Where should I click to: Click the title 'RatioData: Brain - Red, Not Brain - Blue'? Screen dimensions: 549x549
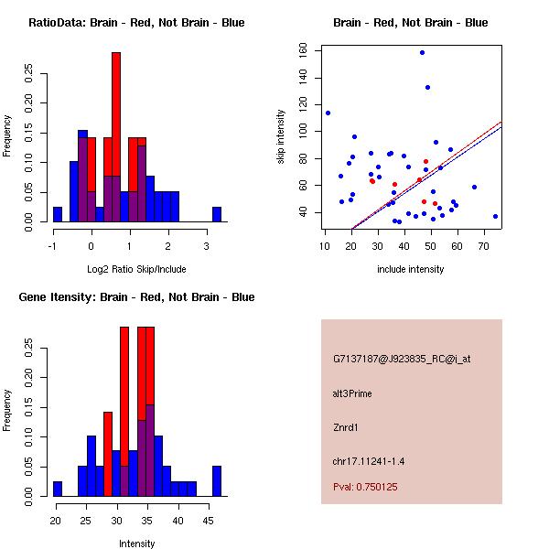136,23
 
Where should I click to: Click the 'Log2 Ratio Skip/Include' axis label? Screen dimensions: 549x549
136,269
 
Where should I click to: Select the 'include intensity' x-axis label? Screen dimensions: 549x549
411,269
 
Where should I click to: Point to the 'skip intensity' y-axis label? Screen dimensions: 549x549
282,137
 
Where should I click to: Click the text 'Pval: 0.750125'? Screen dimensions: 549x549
365,487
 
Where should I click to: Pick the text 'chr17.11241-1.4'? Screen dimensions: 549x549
368,460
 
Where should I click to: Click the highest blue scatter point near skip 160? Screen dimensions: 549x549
422,52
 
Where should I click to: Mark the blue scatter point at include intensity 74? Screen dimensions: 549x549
495,217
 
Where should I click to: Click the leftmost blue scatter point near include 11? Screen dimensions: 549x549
328,113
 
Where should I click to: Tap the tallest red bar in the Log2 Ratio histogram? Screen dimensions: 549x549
116,137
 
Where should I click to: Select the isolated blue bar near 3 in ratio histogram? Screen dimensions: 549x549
217,214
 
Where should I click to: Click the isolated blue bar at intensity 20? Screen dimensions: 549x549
58,489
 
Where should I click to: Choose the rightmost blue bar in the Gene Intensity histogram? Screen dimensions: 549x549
217,480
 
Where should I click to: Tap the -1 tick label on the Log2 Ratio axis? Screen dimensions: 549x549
53,246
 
